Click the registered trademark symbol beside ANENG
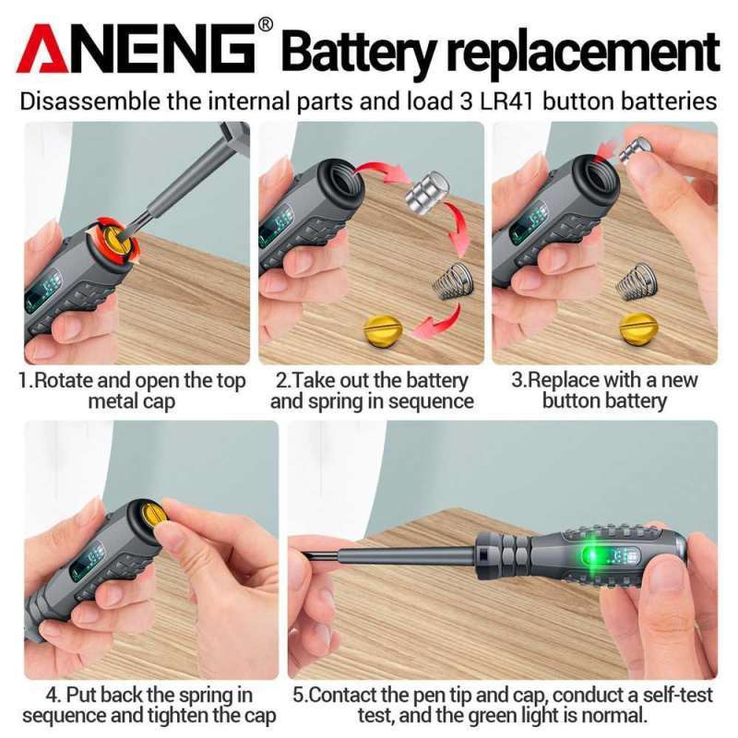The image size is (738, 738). [x=266, y=25]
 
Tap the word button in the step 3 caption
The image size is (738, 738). [x=573, y=401]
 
